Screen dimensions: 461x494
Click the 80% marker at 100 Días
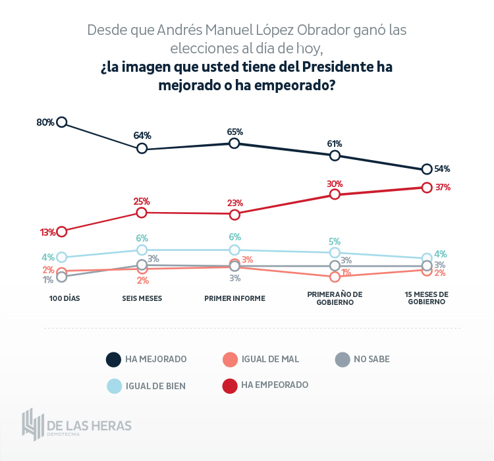[62, 122]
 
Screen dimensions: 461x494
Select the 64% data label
[142, 136]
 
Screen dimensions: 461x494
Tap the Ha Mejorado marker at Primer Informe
[234, 143]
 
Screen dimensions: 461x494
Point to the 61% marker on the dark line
[335, 155]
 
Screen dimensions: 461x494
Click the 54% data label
[442, 169]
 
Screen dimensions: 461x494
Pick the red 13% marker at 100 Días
[62, 231]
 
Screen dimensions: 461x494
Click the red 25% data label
[142, 201]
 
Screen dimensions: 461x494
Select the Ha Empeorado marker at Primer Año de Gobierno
[335, 194]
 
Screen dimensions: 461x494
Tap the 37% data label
[442, 187]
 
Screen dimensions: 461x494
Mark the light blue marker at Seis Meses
[142, 250]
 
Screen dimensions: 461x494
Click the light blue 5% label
[335, 241]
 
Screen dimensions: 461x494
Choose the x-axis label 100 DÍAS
[65, 298]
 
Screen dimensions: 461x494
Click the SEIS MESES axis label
[142, 298]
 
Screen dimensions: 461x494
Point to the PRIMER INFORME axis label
[234, 298]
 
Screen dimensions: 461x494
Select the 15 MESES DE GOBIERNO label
[426, 298]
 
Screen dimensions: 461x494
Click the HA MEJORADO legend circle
[113, 360]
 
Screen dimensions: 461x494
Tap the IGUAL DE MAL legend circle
[230, 360]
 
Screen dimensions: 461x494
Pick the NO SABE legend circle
[342, 360]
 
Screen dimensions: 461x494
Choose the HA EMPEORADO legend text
[275, 385]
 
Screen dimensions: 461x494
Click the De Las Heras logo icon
[32, 425]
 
